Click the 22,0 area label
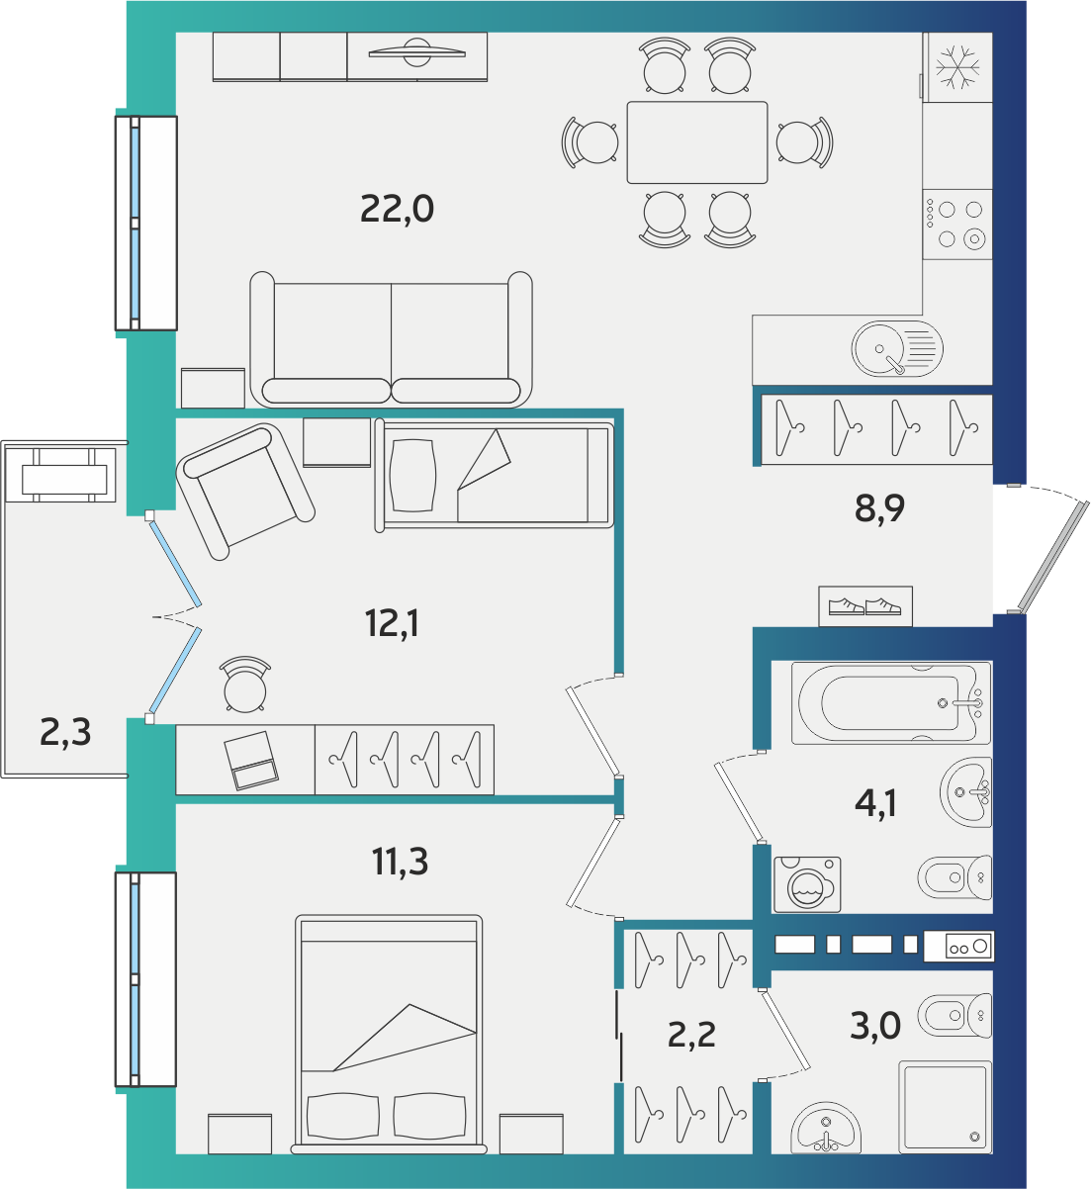[398, 210]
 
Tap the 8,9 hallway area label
[879, 508]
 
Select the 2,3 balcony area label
[65, 732]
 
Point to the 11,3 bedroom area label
[400, 862]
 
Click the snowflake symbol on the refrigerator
[957, 66]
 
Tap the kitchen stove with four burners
[957, 224]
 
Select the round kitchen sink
[897, 348]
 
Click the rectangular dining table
[697, 142]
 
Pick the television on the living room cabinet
[416, 53]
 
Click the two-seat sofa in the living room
[392, 339]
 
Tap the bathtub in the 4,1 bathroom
[890, 703]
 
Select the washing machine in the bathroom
[807, 884]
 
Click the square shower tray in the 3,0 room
[946, 1107]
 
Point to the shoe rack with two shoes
[865, 606]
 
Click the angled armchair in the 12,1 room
[245, 492]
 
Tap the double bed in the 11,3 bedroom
[389, 1035]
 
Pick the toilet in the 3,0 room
[955, 1015]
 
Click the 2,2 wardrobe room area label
[691, 1035]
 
